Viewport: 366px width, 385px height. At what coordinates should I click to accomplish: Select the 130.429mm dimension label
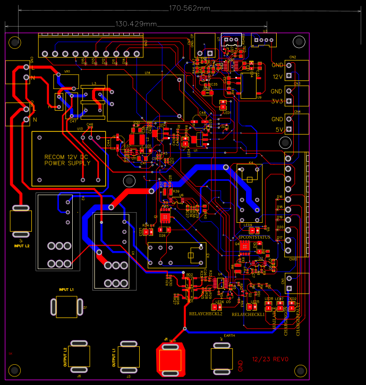tap(136, 24)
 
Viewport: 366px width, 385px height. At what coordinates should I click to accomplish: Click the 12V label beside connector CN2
tap(277, 77)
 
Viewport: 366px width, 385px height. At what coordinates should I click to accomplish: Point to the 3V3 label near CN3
tap(277, 101)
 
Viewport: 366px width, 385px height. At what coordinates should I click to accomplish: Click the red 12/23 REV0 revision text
tap(270, 360)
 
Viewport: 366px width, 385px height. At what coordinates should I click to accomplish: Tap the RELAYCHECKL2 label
tap(206, 314)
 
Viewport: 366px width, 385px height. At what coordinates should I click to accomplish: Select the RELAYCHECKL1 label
tap(249, 315)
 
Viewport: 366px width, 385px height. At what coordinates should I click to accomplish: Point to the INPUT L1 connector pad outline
tap(66, 306)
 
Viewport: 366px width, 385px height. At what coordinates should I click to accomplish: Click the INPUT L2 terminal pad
tap(21, 221)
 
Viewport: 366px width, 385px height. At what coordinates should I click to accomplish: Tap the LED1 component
tap(224, 105)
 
